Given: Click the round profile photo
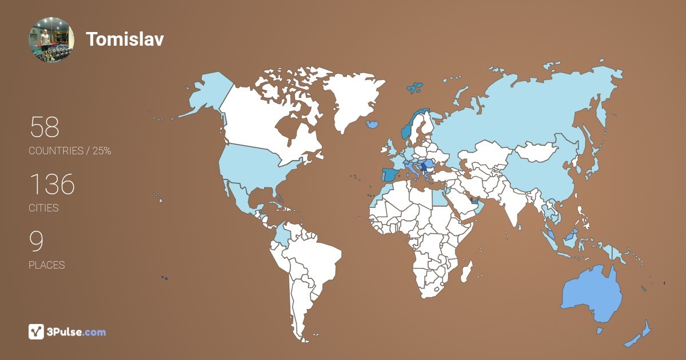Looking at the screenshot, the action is [51, 39].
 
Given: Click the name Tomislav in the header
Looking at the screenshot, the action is [125, 39].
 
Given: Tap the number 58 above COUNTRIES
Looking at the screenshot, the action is [44, 127].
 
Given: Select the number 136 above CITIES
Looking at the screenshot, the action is [51, 185].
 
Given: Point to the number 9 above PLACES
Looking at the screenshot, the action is [36, 242].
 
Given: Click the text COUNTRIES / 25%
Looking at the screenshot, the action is [70, 151].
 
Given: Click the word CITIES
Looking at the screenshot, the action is [43, 208].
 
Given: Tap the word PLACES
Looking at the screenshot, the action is [46, 265].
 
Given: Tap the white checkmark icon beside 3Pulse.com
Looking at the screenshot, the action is [36, 331].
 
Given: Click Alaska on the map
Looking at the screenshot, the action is [206, 94].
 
